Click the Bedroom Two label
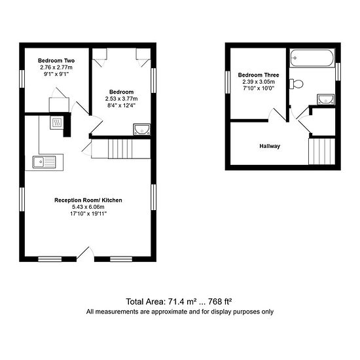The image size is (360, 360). pos(56,61)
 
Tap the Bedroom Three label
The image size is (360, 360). pos(259,75)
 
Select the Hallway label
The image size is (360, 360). pos(270,146)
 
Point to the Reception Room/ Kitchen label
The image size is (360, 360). pos(88,200)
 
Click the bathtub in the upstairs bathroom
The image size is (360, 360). pos(312,58)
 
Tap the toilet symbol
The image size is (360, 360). pos(296,84)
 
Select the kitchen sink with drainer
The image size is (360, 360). pos(45,162)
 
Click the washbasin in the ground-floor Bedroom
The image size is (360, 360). pos(142,130)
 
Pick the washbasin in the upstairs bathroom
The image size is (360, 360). pos(325,99)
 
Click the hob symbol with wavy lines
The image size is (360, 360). pos(56,123)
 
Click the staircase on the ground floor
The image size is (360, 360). pos(121,149)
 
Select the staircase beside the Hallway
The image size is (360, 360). pos(321,151)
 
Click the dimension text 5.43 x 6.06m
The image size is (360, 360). pos(88,207)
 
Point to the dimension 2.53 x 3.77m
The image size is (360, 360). pos(122,99)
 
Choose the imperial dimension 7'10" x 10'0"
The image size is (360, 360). pos(259,88)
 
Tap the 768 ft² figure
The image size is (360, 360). pos(220,302)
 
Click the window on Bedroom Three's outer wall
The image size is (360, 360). pos(228,82)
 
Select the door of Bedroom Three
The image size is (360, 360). pos(278,115)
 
